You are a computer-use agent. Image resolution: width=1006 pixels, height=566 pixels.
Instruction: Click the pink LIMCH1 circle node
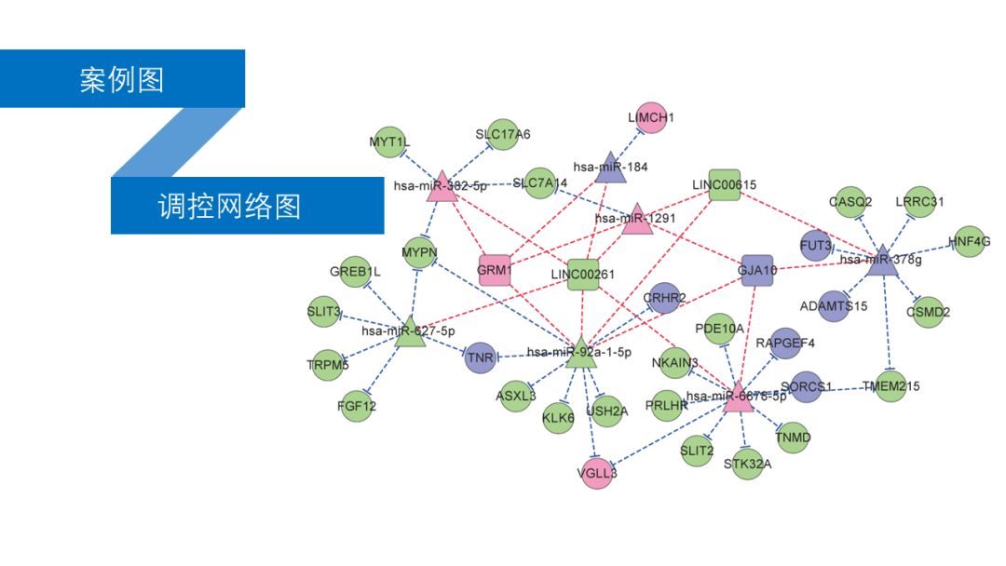tap(651, 117)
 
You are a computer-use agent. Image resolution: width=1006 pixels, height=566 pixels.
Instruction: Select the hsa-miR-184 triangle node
tap(610, 164)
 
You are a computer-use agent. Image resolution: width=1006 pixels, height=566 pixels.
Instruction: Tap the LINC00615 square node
tap(724, 184)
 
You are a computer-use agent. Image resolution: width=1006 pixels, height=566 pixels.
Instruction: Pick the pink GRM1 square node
tap(495, 270)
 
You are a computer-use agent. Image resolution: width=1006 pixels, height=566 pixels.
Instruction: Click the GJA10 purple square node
tap(756, 270)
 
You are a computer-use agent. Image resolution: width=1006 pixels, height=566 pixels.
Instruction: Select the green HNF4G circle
tap(968, 242)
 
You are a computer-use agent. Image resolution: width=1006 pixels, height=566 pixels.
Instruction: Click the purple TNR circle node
tap(480, 357)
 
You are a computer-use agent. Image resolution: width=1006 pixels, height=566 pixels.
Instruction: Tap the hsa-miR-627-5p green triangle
tap(409, 333)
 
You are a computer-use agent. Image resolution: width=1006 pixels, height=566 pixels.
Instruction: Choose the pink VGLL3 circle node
tap(596, 472)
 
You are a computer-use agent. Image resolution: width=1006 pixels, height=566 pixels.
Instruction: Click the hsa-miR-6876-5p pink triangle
tap(737, 397)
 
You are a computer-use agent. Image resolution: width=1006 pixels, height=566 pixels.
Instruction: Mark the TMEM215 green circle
tap(890, 385)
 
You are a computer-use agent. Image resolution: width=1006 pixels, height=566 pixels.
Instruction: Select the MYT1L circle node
tap(388, 142)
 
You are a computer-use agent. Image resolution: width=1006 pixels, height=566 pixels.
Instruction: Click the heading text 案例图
tap(122, 79)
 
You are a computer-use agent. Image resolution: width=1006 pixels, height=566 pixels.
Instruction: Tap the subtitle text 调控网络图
tap(229, 205)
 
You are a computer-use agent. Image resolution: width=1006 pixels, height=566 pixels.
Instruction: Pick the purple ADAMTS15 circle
tap(834, 306)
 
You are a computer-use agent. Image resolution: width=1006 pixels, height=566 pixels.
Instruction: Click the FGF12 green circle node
tap(357, 406)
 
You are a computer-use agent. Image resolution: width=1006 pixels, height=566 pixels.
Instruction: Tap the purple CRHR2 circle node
tap(664, 298)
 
